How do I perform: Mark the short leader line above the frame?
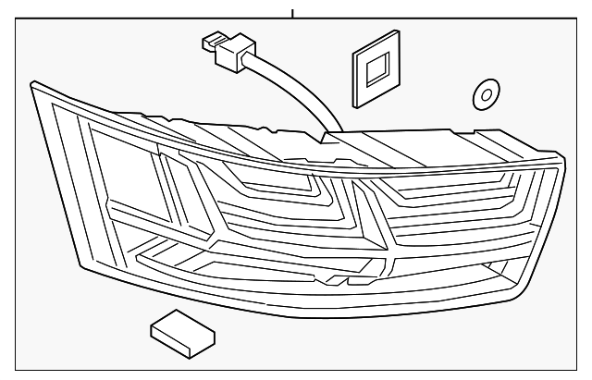point(292,14)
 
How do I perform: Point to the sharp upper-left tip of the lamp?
point(32,83)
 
